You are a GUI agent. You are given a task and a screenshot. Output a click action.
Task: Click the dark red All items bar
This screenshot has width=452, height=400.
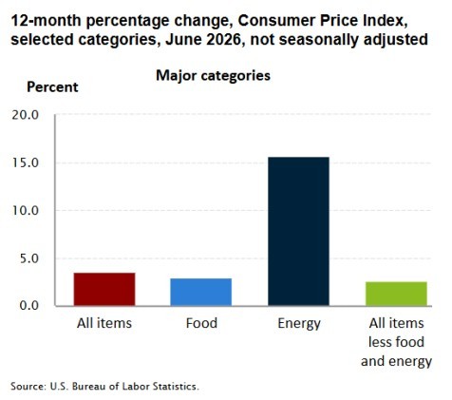[x=104, y=289]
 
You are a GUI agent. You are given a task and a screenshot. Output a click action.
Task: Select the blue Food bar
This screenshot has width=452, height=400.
[x=201, y=292]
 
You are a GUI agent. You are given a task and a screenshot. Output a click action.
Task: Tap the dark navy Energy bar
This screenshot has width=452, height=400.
[x=298, y=231]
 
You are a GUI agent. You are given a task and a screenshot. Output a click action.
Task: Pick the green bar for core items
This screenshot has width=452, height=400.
[x=396, y=294]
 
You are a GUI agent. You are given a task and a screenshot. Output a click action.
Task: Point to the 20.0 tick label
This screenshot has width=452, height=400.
[x=26, y=115]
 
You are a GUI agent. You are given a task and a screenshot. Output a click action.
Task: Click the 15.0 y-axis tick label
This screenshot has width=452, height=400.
[x=26, y=162]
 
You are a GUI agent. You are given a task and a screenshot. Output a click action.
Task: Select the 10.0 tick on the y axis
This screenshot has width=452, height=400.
[x=26, y=210]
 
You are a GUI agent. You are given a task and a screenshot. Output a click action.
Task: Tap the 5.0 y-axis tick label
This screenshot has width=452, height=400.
[x=28, y=258]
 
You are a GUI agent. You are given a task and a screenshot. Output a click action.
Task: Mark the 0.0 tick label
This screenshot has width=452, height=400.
[x=28, y=306]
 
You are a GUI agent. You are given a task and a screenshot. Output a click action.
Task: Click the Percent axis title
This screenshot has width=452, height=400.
[x=52, y=86]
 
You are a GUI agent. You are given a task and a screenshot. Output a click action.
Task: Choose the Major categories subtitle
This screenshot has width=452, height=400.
[x=213, y=76]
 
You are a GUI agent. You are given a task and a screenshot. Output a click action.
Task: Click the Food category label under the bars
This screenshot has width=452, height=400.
[x=201, y=323]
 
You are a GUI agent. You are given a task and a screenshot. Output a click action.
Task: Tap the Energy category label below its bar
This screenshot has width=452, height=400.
[x=299, y=324]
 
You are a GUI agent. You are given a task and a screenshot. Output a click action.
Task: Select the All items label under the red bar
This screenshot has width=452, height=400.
[x=104, y=323]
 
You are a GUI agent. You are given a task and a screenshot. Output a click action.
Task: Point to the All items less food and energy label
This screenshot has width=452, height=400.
[x=396, y=342]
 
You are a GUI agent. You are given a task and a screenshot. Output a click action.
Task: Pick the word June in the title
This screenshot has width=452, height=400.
[x=182, y=40]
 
